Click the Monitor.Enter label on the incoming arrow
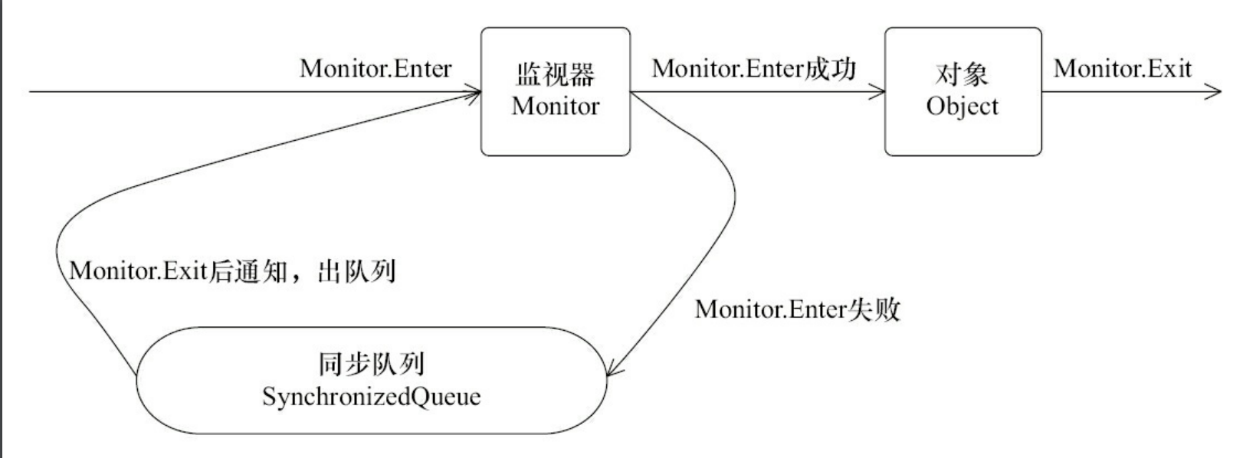click(376, 68)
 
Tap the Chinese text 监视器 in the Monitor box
click(555, 74)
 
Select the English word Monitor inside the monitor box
click(555, 106)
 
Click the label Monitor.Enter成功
click(753, 68)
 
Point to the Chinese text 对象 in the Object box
click(962, 74)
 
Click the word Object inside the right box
click(962, 106)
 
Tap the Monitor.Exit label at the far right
click(1123, 68)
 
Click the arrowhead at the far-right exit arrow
click(1215, 92)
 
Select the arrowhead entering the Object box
click(879, 92)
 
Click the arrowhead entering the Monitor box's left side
click(474, 93)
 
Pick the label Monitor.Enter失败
click(797, 309)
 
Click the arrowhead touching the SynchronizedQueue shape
click(612, 370)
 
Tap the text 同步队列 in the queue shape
click(371, 364)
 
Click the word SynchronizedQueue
click(371, 397)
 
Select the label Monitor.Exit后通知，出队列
click(232, 271)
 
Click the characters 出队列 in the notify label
click(356, 271)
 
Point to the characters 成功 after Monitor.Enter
click(830, 68)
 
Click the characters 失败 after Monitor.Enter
click(874, 309)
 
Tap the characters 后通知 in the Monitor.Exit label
click(248, 271)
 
